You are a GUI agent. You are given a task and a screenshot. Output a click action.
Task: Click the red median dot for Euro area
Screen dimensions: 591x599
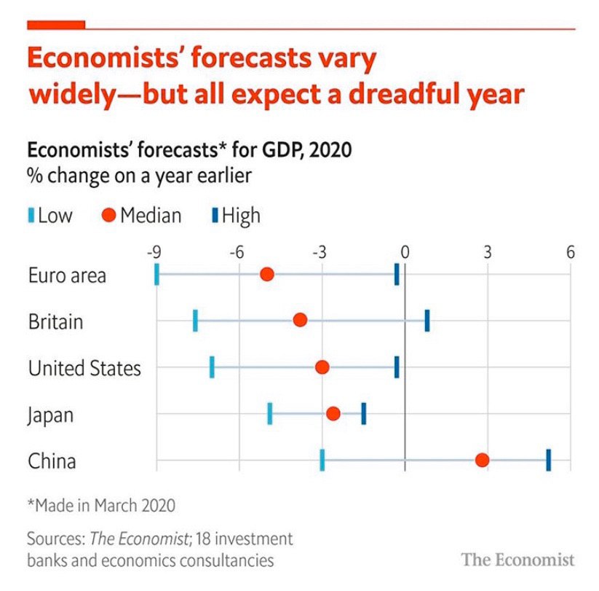(267, 274)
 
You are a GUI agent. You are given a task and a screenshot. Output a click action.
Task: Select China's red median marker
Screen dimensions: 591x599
(482, 460)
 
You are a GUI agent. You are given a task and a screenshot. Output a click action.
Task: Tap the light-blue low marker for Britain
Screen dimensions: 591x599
(196, 321)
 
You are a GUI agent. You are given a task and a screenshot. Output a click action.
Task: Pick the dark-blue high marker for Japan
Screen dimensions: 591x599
(363, 413)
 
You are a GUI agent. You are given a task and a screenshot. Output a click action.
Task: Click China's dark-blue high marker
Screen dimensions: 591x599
(548, 460)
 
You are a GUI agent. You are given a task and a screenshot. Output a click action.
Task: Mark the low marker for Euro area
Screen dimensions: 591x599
(156, 274)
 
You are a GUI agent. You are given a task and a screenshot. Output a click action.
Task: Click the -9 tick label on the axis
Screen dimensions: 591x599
(154, 253)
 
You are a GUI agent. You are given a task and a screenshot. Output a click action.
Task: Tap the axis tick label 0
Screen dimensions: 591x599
(405, 253)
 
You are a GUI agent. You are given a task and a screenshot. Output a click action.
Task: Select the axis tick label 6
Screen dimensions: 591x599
(570, 253)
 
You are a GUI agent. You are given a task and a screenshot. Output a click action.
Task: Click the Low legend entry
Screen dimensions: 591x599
(51, 216)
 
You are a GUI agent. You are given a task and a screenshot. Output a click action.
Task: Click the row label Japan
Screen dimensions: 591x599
(51, 415)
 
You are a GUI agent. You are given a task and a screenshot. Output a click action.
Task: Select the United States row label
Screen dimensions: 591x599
(84, 368)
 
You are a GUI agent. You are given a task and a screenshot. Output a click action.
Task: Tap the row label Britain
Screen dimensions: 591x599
(55, 321)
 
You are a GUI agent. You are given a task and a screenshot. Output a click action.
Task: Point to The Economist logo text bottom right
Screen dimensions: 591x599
(517, 560)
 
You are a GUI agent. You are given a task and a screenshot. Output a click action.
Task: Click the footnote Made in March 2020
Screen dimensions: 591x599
(101, 504)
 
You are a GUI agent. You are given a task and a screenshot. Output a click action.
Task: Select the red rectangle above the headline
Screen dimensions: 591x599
(56, 24)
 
